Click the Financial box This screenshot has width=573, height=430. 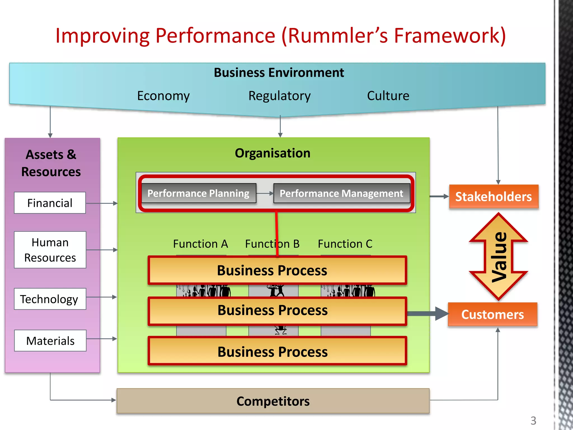50,203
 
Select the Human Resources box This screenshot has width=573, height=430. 50,250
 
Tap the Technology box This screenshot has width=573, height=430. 50,299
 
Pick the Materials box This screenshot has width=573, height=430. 50,341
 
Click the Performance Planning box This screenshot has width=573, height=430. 199,193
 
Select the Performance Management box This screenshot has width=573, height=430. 342,193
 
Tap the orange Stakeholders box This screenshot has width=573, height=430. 494,197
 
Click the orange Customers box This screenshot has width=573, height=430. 492,314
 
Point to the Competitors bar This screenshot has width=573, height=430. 273,401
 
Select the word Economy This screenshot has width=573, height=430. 163,96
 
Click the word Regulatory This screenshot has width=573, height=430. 280,96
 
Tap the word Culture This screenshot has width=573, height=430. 388,96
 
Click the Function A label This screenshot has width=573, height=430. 200,244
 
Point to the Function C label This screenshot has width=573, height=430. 345,244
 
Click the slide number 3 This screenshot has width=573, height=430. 533,420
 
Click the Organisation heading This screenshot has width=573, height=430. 273,153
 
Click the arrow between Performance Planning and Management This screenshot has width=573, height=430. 265,193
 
